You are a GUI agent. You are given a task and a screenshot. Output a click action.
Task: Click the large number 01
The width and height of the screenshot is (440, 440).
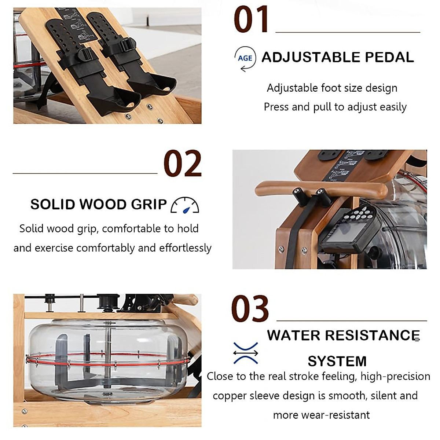pos(251,20)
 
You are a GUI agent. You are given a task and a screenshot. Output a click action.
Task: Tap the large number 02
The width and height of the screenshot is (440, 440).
pos(182,164)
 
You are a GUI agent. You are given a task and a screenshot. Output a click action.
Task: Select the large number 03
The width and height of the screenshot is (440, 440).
pos(250,309)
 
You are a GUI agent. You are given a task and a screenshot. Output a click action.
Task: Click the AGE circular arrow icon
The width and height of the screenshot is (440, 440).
pos(245,58)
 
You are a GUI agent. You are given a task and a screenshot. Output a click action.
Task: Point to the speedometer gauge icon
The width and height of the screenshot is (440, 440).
pos(185,205)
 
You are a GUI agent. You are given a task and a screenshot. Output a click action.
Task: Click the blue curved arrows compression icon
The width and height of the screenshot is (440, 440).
pos(245,353)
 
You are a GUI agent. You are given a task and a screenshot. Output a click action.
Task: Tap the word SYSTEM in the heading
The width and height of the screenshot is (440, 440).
pos(337,361)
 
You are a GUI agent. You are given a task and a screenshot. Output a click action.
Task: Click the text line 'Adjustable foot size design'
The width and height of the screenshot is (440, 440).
pos(332,88)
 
